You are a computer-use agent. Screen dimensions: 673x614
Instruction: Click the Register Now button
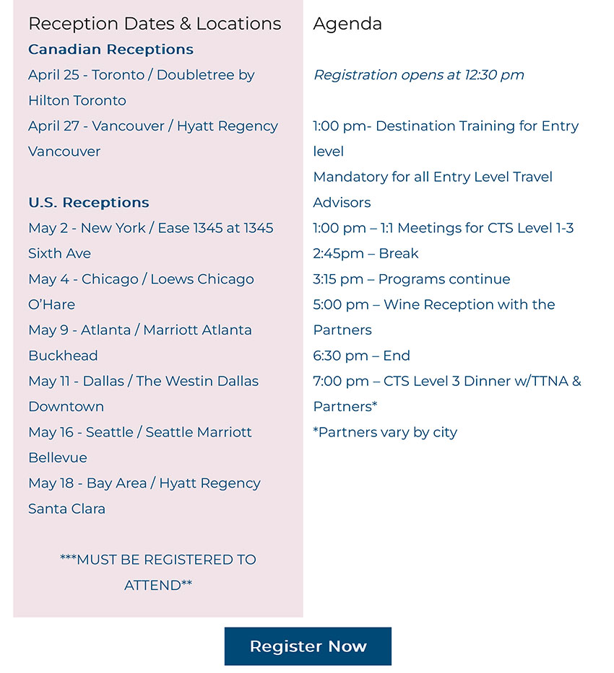pos(308,646)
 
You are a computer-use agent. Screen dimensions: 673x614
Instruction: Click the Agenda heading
pos(347,24)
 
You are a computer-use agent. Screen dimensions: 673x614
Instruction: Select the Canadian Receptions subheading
pos(111,50)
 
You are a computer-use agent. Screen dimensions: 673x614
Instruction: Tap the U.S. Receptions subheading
pos(89,203)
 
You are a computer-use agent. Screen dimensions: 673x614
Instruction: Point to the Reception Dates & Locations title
pos(155,24)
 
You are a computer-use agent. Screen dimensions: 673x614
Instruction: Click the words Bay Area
pos(116,483)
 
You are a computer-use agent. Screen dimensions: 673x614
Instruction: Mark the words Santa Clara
pos(66,509)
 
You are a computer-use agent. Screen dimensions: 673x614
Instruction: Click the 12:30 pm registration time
pos(496,75)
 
